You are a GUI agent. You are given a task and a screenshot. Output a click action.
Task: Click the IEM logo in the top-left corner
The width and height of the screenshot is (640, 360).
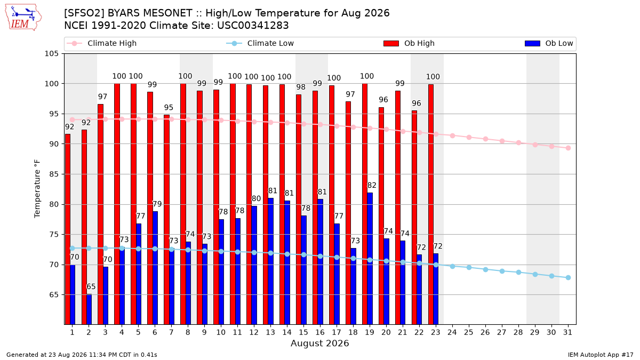pos(23,18)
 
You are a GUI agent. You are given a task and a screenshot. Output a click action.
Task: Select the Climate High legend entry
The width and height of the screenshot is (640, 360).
pos(102,43)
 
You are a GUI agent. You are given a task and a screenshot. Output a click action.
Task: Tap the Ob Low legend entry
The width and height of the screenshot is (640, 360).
pos(549,43)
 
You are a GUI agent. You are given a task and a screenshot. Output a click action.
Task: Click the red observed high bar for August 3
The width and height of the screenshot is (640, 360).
pos(100,214)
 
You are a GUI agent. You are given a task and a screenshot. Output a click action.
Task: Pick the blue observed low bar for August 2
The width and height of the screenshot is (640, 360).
pos(89,309)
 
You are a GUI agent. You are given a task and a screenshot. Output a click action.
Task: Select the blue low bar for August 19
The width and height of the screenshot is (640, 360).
pos(370,259)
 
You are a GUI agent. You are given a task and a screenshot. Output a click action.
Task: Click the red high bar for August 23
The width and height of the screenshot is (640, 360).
pos(430,205)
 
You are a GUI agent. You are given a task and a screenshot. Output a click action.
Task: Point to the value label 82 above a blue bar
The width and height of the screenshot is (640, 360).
pos(371,186)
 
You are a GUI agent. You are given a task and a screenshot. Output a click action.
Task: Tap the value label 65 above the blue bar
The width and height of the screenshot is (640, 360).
pos(91,286)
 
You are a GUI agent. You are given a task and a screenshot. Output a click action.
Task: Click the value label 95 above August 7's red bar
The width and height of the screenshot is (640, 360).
pos(169,107)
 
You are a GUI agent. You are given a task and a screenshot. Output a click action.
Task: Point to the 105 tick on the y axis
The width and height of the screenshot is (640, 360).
pos(51,54)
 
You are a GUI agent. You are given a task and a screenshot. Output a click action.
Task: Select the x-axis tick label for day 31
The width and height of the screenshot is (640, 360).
pos(567,332)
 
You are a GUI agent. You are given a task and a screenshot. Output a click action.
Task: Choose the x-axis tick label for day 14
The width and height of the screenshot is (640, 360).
pos(287,332)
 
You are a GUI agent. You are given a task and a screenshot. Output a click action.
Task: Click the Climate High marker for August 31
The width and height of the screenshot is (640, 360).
pos(568,148)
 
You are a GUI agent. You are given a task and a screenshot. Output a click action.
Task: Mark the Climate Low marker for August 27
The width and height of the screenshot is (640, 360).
pos(502,271)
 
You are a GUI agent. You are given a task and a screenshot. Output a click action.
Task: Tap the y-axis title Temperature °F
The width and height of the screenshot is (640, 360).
pos(37,189)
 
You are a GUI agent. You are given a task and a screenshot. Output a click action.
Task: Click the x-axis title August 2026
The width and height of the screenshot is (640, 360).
pos(319,343)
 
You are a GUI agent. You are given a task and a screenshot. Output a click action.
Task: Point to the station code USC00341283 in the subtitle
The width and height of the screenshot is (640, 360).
pos(253,26)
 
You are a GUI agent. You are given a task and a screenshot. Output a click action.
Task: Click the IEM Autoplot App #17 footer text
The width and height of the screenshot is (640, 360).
pos(601,355)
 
